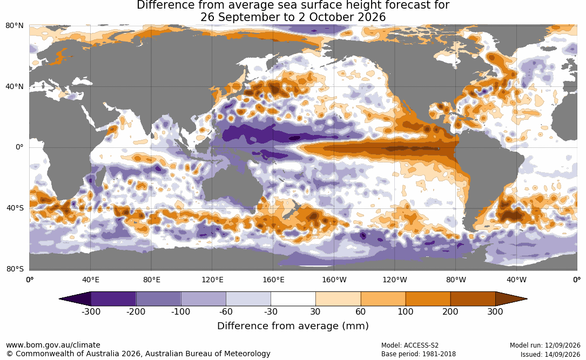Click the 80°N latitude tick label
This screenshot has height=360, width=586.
point(14,26)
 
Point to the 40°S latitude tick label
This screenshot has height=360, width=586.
point(15,208)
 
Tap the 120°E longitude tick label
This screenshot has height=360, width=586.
point(212,280)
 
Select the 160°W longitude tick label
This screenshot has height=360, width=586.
point(334,280)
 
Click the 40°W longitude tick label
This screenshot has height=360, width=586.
point(516,280)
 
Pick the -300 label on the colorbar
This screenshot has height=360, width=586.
point(91,312)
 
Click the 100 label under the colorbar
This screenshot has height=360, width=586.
point(406,312)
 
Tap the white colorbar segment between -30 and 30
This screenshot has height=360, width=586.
point(293,299)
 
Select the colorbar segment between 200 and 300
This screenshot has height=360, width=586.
point(473,299)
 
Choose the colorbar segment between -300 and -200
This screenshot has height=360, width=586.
point(113,299)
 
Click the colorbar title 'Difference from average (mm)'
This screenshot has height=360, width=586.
point(293,326)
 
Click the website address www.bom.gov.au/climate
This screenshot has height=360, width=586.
point(53,345)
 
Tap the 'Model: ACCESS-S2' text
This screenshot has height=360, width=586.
point(410,345)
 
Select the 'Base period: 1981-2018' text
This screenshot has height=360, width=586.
point(419,354)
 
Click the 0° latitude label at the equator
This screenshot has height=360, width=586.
point(19,147)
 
